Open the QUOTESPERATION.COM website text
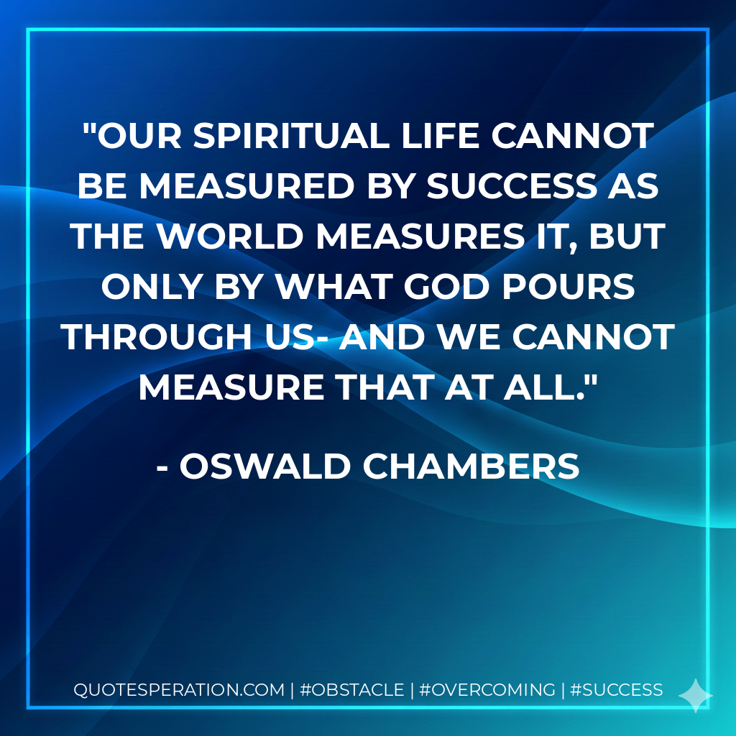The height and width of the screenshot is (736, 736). (x=179, y=690)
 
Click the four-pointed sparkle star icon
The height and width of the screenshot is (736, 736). (x=695, y=695)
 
